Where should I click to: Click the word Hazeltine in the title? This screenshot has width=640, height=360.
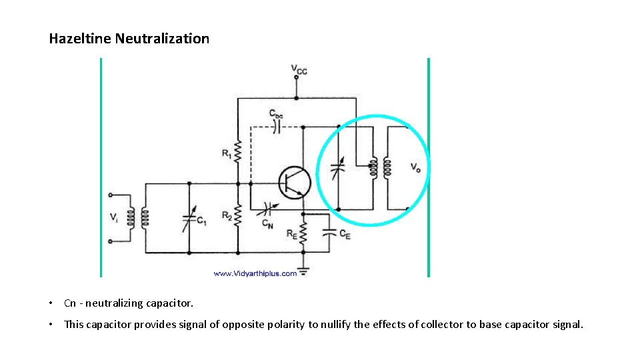pyautogui.click(x=80, y=39)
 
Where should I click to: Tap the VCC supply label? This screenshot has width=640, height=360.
pyautogui.click(x=299, y=69)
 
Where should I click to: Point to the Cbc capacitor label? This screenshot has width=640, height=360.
pyautogui.click(x=276, y=114)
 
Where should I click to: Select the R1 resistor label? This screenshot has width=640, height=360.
pyautogui.click(x=227, y=154)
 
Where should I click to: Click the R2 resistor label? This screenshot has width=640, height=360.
pyautogui.click(x=227, y=215)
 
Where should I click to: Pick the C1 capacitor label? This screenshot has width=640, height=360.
pyautogui.click(x=201, y=222)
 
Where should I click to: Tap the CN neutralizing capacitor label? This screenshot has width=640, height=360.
pyautogui.click(x=267, y=223)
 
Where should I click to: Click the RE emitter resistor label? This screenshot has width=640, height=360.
pyautogui.click(x=292, y=234)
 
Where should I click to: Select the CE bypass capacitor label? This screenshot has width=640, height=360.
pyautogui.click(x=345, y=234)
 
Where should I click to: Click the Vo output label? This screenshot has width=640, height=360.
pyautogui.click(x=415, y=167)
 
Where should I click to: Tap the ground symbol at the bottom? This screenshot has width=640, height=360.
pyautogui.click(x=303, y=271)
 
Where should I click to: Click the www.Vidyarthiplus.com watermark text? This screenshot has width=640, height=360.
pyautogui.click(x=255, y=273)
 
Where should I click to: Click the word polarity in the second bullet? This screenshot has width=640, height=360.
pyautogui.click(x=284, y=325)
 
